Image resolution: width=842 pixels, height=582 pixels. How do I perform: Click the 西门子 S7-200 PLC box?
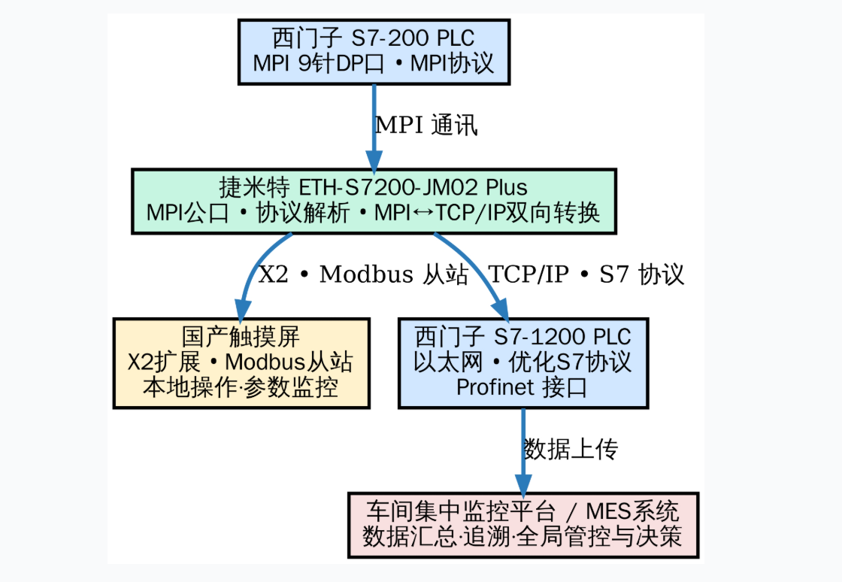(374, 51)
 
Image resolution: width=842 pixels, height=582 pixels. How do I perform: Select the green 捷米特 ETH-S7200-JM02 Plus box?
(374, 201)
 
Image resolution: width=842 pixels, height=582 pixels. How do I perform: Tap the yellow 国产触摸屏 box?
(241, 363)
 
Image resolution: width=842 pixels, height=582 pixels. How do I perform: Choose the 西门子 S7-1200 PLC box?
(523, 363)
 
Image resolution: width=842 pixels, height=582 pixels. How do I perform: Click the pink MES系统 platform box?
(523, 525)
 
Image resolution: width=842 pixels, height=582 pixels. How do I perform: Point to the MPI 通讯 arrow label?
(426, 126)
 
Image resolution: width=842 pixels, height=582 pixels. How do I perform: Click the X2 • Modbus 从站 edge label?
(364, 274)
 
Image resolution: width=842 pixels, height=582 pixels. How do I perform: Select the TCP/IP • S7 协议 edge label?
(586, 274)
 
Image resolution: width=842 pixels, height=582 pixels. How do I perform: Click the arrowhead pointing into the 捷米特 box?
(374, 160)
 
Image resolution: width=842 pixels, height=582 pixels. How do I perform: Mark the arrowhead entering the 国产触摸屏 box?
(242, 309)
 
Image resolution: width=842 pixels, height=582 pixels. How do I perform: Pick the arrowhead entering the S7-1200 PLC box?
(500, 309)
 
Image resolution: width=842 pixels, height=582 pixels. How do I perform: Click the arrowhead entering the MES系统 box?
(523, 483)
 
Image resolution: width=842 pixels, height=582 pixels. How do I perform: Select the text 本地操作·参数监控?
(241, 388)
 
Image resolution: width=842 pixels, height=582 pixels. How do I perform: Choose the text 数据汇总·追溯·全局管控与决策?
(523, 538)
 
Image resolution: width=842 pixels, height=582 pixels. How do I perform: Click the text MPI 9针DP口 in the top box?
(319, 64)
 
